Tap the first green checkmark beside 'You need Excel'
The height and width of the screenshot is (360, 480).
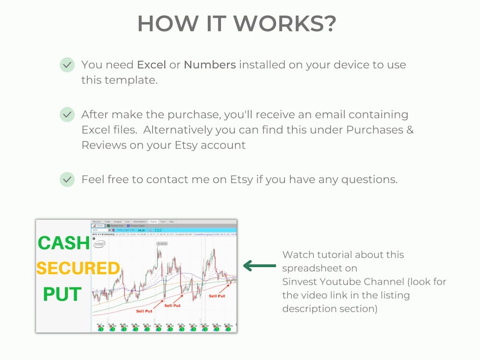(67, 65)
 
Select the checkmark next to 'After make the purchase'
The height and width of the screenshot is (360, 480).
(67, 114)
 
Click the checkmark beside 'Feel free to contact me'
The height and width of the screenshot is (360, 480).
(67, 179)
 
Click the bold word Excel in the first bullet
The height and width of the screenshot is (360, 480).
(151, 65)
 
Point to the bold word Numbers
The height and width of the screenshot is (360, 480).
(210, 65)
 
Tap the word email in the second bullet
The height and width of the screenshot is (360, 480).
(341, 114)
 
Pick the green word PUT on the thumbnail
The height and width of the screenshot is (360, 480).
(62, 294)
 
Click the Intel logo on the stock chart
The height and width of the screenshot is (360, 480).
(100, 243)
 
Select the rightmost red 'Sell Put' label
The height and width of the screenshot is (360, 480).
(216, 296)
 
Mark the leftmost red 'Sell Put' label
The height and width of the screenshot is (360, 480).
(144, 312)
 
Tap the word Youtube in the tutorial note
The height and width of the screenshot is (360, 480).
(344, 282)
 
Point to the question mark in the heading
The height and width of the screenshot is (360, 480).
(329, 24)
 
